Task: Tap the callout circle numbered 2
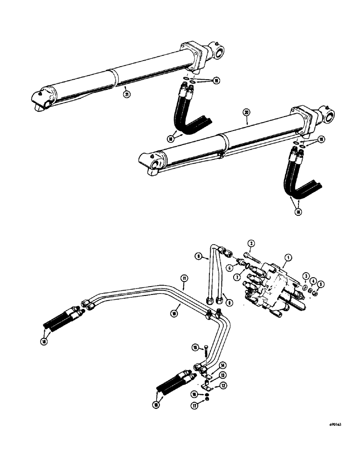(x=250, y=243)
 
